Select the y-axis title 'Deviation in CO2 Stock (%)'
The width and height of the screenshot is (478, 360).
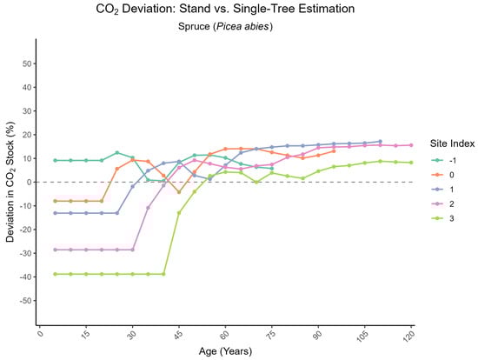(x=11, y=182)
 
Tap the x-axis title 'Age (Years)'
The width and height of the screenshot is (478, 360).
(x=225, y=350)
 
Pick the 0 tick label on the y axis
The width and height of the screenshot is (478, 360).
(x=30, y=182)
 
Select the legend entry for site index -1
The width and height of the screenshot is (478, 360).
(x=446, y=160)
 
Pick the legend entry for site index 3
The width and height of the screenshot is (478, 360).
(x=446, y=220)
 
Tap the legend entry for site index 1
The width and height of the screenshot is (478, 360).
(x=446, y=190)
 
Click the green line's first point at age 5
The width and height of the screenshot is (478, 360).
(x=56, y=274)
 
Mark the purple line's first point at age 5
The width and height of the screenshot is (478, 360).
(x=56, y=250)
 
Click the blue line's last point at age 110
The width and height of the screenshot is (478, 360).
(x=380, y=142)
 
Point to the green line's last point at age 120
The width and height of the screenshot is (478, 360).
(x=410, y=163)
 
